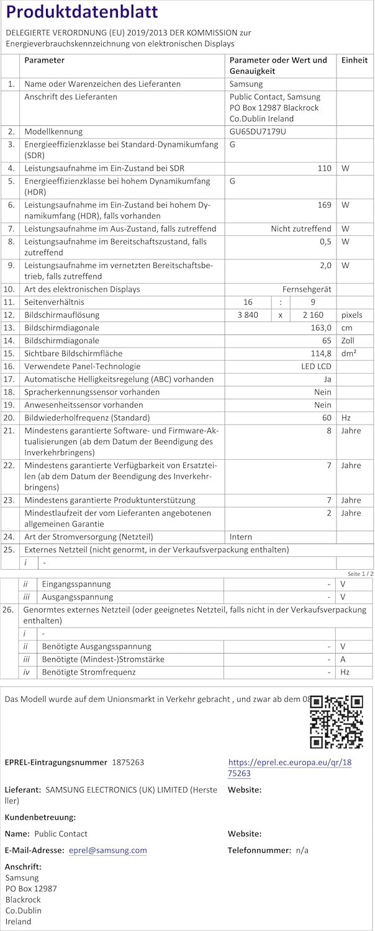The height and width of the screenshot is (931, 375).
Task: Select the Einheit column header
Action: click(x=355, y=60)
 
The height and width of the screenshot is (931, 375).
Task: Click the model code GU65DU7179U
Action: click(x=258, y=132)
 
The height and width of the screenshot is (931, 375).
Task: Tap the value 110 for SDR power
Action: click(x=324, y=168)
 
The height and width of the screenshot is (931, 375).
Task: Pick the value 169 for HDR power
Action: click(x=324, y=205)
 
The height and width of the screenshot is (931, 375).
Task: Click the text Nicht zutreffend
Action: click(x=300, y=229)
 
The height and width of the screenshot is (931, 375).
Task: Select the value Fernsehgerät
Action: click(x=307, y=289)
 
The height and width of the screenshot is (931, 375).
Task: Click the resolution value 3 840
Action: click(x=248, y=315)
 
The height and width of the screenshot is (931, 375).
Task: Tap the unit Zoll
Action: click(x=348, y=341)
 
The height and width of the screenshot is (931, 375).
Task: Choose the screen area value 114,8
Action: click(x=319, y=353)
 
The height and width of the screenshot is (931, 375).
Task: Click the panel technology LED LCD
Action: click(x=316, y=366)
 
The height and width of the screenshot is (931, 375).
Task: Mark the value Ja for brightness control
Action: click(x=327, y=379)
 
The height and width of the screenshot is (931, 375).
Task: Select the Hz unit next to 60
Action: click(x=346, y=418)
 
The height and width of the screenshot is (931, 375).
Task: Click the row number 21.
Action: click(x=9, y=431)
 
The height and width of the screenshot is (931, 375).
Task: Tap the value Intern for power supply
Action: click(x=242, y=537)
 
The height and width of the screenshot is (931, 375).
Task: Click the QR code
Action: click(x=336, y=721)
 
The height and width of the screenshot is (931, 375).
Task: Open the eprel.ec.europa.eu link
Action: click(x=289, y=768)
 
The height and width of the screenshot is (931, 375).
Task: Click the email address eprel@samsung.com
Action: click(x=108, y=850)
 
